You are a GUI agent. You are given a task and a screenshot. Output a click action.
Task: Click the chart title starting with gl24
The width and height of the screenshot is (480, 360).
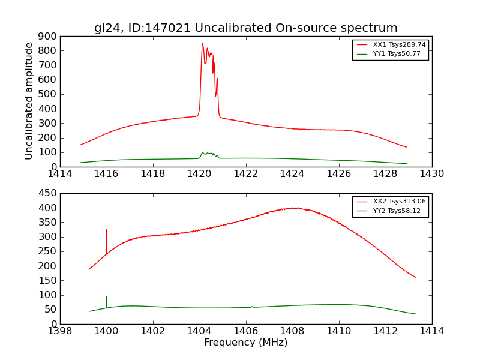(x=246, y=28)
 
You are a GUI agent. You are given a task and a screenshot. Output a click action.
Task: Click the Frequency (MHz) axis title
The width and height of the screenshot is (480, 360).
(x=246, y=343)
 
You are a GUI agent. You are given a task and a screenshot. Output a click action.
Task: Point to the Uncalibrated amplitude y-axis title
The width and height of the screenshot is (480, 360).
(x=29, y=101)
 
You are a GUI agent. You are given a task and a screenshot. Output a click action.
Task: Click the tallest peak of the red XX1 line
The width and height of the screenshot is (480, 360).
(x=202, y=44)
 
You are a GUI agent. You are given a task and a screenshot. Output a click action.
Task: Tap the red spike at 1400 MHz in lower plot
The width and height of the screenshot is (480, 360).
(x=107, y=230)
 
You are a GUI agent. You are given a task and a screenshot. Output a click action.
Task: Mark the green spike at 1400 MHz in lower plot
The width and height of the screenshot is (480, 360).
(x=107, y=296)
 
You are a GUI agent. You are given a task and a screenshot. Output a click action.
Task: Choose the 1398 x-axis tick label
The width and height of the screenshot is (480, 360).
(x=61, y=331)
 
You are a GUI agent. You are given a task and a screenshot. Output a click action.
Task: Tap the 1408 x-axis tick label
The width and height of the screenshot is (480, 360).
(x=292, y=331)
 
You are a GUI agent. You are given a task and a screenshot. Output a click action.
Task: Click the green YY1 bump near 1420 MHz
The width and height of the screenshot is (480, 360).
(x=207, y=154)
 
